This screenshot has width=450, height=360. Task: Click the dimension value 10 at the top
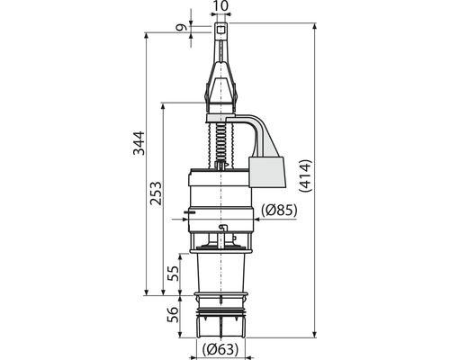click(x=221, y=6)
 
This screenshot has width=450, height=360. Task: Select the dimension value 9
click(x=182, y=28)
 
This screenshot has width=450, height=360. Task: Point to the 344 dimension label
click(x=139, y=143)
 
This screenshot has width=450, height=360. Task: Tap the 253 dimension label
click(x=156, y=193)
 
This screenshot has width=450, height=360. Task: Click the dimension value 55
click(x=173, y=273)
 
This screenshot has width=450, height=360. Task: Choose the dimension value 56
click(x=173, y=314)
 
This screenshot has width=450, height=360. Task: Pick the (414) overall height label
click(x=306, y=175)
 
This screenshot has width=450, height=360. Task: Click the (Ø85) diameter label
click(x=279, y=211)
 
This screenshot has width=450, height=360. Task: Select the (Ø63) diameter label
click(x=220, y=349)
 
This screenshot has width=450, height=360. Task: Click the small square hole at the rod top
click(x=221, y=30)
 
